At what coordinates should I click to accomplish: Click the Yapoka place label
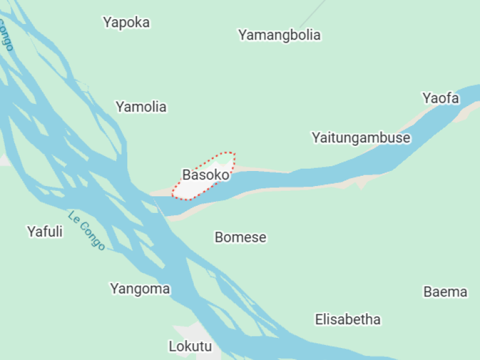(x=126, y=23)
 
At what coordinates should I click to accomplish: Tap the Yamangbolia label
(x=279, y=35)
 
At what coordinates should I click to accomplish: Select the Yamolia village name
(x=141, y=107)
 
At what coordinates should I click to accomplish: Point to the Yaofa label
(x=440, y=98)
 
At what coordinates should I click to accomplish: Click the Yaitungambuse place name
(x=361, y=138)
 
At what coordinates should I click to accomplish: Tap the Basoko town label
(x=206, y=175)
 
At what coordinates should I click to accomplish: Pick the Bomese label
(x=240, y=238)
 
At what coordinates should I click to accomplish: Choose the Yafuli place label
(x=45, y=232)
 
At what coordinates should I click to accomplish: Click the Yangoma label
(x=140, y=289)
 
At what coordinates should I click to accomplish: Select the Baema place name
(x=445, y=292)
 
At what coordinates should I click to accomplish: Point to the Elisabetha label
(x=347, y=320)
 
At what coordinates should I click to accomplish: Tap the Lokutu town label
(x=190, y=346)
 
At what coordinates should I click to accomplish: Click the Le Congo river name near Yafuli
(x=86, y=230)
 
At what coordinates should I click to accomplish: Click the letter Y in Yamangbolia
(x=243, y=35)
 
